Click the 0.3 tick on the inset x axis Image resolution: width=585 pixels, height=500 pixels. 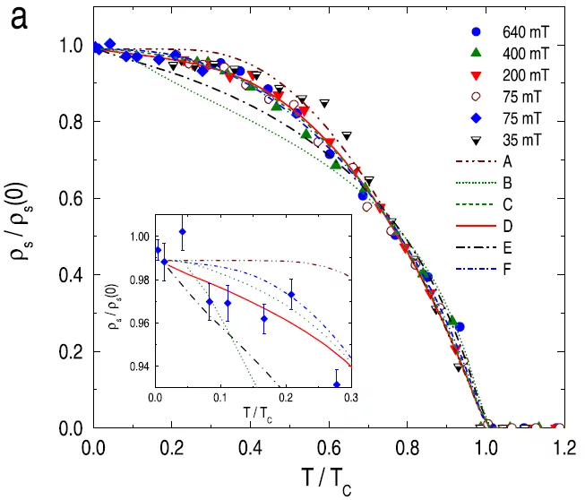click(350, 397)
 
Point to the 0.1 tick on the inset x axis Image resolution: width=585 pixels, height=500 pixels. click(220, 397)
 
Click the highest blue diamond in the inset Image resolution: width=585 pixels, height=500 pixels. click(183, 232)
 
